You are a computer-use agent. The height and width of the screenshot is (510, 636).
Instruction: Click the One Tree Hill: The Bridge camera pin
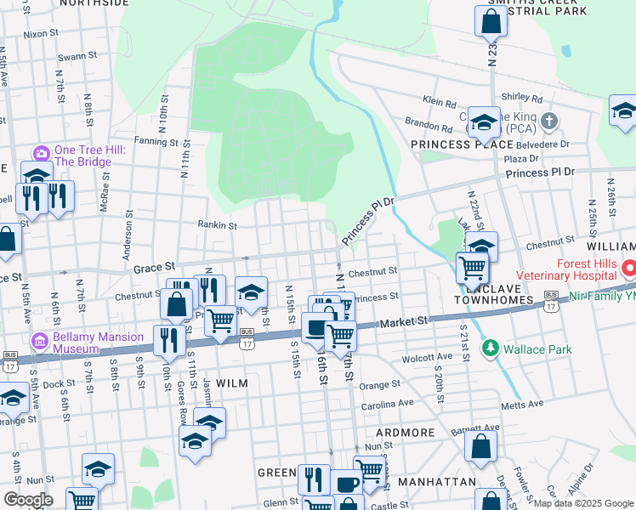coord(41,154)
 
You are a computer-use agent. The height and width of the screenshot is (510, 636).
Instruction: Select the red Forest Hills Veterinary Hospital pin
coord(628,270)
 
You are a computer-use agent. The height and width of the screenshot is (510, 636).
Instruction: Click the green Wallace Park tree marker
coord(490,348)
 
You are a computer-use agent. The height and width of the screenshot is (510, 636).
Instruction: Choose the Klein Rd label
coord(440,102)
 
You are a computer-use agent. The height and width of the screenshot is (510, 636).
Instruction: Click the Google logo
coord(28,500)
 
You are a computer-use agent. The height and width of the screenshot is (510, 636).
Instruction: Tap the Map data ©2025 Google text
coord(582,503)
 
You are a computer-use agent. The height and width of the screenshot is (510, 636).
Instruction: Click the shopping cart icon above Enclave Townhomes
coord(472,269)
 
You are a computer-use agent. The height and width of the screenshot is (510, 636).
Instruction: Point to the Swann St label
coord(73,58)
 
